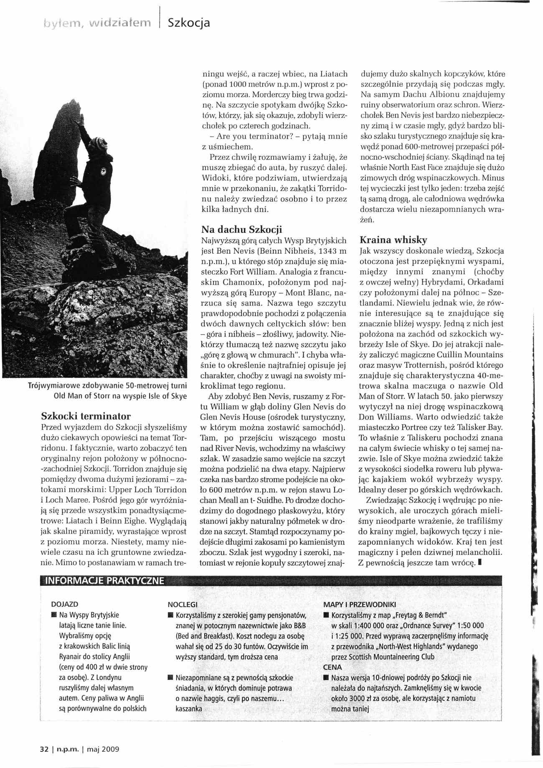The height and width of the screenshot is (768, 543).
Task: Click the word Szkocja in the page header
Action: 188,23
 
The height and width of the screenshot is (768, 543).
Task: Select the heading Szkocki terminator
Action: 86,416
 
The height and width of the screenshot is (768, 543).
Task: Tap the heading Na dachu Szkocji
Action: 241,229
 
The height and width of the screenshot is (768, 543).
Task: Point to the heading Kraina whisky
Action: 393,240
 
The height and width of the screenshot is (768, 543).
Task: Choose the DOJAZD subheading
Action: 64,604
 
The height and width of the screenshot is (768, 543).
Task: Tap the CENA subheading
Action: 332,667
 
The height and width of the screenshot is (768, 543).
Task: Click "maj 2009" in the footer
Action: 104,749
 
